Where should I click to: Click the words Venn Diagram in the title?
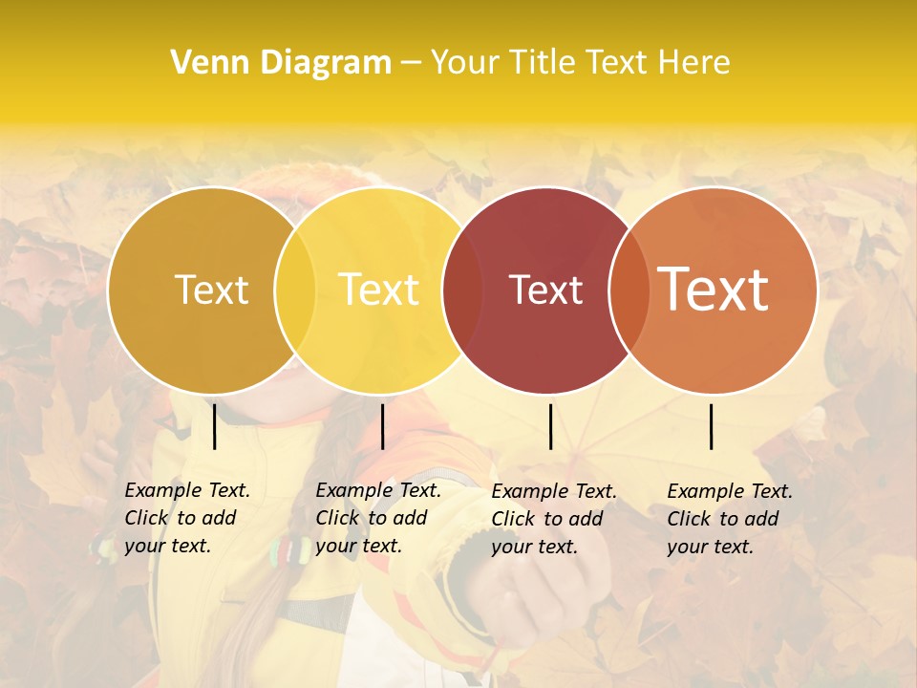pyautogui.click(x=281, y=63)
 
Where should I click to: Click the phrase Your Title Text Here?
pyautogui.click(x=580, y=63)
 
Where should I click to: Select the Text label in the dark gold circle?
pyautogui.click(x=211, y=290)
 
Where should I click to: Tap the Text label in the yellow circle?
pyautogui.click(x=378, y=290)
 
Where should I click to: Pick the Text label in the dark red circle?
pyautogui.click(x=545, y=290)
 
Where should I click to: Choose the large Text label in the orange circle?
pyautogui.click(x=713, y=289)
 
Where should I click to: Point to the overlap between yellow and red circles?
pyautogui.click(x=462, y=290)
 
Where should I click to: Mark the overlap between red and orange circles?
pyautogui.click(x=629, y=290)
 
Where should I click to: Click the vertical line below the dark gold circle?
pyautogui.click(x=214, y=426)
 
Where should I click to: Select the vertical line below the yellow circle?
pyautogui.click(x=382, y=426)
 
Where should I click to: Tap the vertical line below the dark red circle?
pyautogui.click(x=550, y=426)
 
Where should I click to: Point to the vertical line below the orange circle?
pyautogui.click(x=711, y=426)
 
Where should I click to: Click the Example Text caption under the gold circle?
pyautogui.click(x=186, y=518)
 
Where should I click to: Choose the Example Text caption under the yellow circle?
pyautogui.click(x=377, y=518)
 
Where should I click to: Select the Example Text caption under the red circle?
pyautogui.click(x=553, y=519)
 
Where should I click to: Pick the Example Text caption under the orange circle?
pyautogui.click(x=729, y=519)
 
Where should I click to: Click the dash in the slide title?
pyautogui.click(x=411, y=63)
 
